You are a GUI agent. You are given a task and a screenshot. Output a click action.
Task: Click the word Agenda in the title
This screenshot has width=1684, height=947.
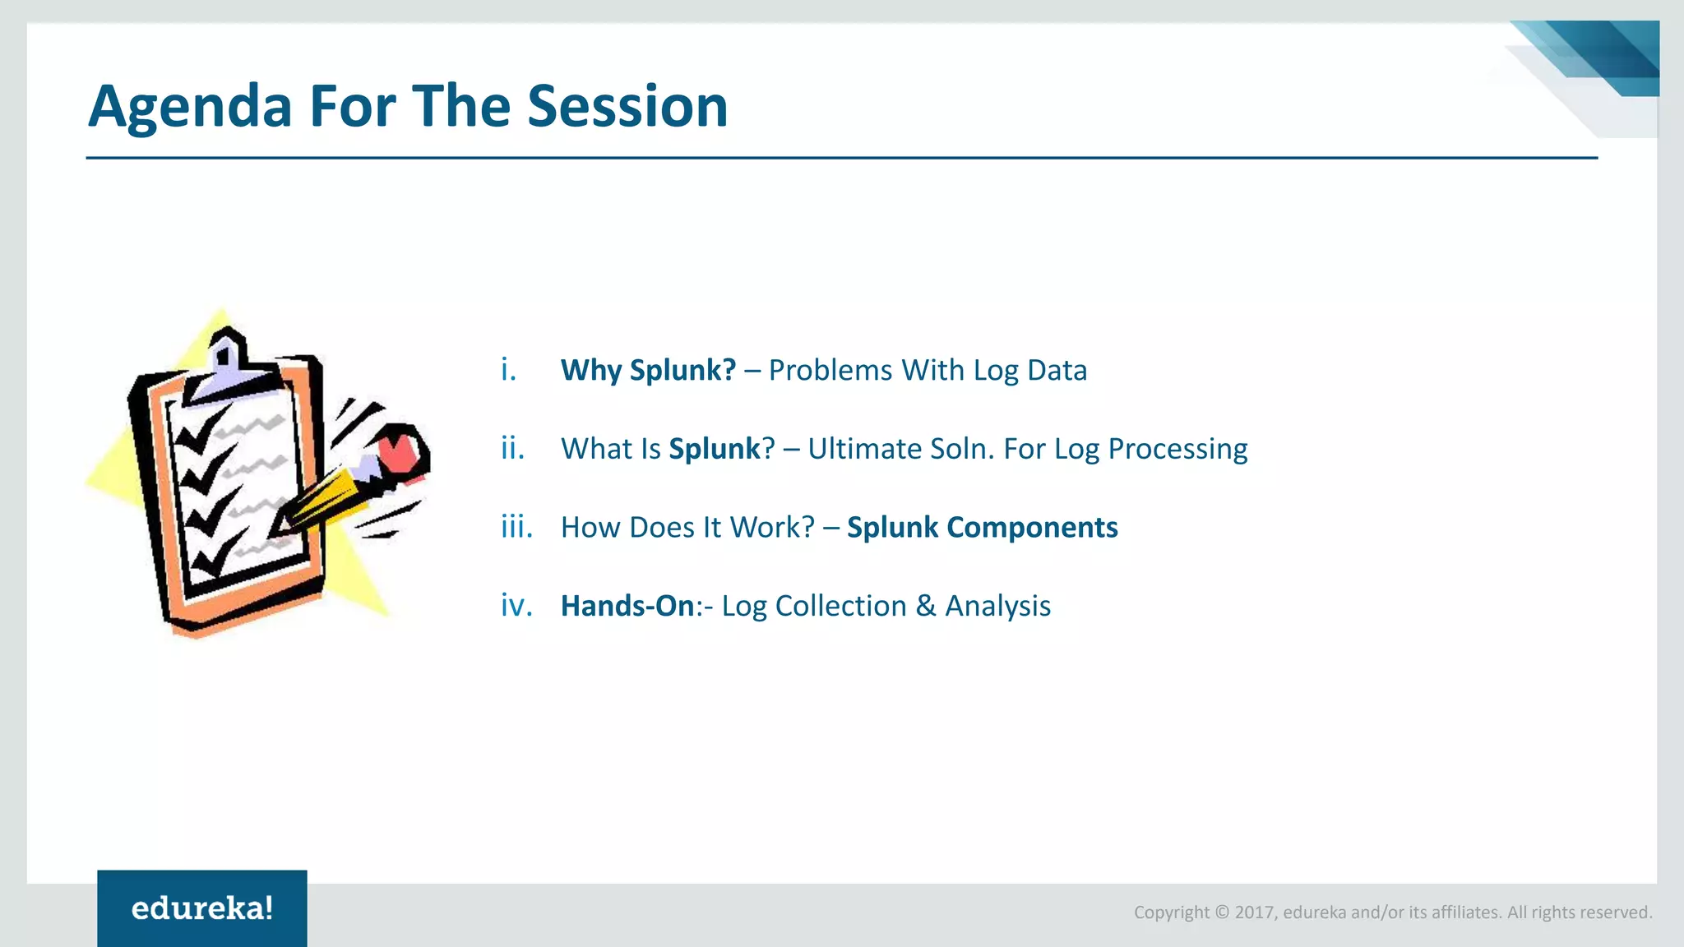tap(190, 108)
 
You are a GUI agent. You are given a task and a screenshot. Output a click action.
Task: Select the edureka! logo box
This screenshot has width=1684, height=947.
tap(202, 908)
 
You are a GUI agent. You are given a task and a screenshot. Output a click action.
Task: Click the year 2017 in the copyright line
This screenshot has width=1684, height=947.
tap(1254, 912)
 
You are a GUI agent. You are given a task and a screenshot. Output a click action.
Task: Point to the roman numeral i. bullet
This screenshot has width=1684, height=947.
tap(509, 370)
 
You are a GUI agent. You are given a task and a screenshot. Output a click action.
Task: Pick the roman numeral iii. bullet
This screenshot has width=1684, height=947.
tap(517, 527)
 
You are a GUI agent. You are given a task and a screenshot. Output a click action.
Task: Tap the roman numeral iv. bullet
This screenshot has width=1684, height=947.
tap(516, 606)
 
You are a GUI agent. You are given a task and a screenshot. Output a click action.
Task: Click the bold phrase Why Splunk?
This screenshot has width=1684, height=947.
tap(648, 371)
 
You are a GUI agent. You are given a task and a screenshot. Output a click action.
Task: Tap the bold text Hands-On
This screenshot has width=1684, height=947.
tap(627, 606)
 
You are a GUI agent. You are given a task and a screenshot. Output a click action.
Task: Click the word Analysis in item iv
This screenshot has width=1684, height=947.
tap(997, 607)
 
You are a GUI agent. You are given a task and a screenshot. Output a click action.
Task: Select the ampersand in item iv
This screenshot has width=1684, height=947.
tap(926, 606)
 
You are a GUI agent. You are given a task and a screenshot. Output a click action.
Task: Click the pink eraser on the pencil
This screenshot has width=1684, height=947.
tap(403, 450)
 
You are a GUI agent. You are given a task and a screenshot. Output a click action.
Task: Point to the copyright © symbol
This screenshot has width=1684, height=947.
tap(1222, 912)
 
